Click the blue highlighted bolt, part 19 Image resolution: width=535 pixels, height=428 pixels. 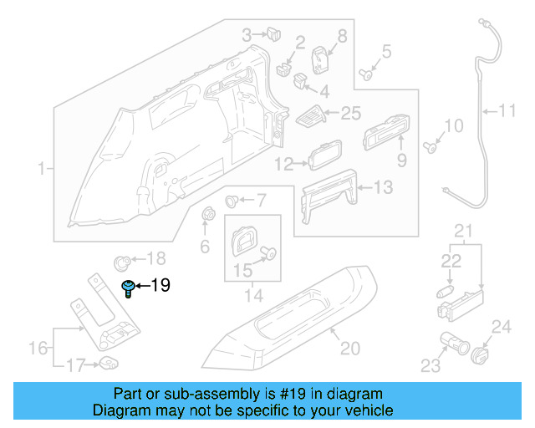(128, 288)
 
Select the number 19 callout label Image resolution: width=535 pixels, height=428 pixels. (160, 286)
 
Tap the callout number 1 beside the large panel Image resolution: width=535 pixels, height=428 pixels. (41, 169)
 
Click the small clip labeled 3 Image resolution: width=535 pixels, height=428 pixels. (273, 34)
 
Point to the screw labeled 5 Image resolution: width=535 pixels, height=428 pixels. (366, 74)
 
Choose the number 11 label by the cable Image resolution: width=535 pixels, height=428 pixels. (508, 110)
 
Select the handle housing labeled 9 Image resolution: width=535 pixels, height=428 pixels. (384, 130)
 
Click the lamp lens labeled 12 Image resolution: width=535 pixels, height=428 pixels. (323, 157)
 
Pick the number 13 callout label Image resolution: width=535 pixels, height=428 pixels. (381, 189)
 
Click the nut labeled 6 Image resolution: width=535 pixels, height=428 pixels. (207, 214)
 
